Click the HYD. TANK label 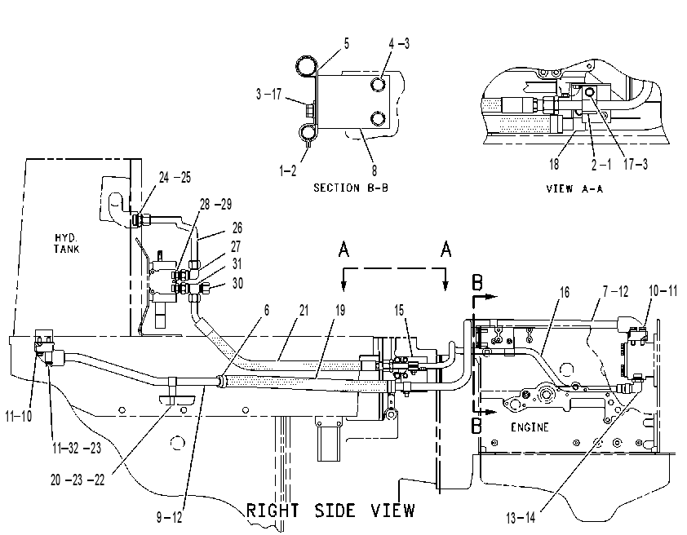click(x=67, y=244)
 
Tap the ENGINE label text click(x=530, y=427)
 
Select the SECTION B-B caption click(x=351, y=188)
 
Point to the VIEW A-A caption click(x=574, y=188)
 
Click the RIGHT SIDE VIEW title click(x=330, y=511)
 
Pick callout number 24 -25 click(x=175, y=177)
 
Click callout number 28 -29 click(x=216, y=204)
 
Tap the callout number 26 click(x=237, y=228)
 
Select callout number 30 click(x=237, y=283)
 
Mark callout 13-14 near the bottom click(x=521, y=518)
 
